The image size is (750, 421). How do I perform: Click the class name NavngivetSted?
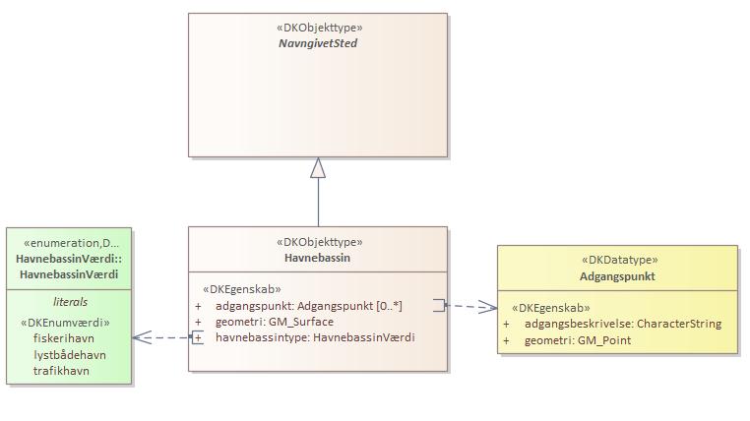coord(318,44)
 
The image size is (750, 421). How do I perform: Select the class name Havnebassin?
coord(318,258)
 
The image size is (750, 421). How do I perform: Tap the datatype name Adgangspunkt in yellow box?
coord(617,276)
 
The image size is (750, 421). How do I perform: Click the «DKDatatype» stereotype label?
coord(617,261)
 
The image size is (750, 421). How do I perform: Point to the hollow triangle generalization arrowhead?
coord(318,168)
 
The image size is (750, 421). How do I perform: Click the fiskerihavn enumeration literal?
coord(63,338)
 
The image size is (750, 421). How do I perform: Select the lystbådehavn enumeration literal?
coord(69,355)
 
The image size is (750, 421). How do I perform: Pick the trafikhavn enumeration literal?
coord(62,372)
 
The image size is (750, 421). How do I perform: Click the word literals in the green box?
coord(69,302)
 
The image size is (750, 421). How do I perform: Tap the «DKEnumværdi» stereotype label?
coord(65,322)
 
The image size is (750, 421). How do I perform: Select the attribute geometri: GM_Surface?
coord(275,322)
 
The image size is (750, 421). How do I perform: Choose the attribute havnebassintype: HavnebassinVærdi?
coord(315,337)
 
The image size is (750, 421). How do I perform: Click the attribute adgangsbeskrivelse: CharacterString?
coord(623,324)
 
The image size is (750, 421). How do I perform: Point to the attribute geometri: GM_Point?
coord(578,340)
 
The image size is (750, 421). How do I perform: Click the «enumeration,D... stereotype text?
coord(70,243)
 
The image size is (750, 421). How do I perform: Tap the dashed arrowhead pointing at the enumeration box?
coord(140,337)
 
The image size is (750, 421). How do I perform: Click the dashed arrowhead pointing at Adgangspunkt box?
coord(489,307)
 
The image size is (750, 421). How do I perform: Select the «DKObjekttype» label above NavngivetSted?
coord(318,29)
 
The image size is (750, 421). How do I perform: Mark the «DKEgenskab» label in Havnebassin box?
coord(241,290)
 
